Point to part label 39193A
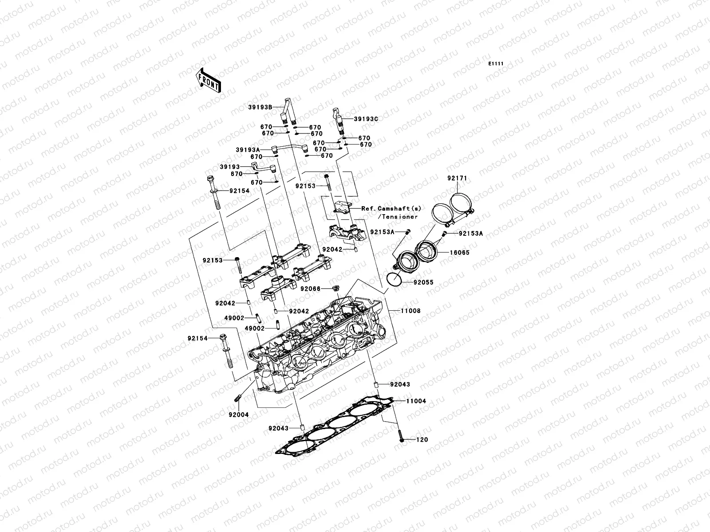248,150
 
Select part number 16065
459,253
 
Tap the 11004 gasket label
415,401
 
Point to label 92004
239,415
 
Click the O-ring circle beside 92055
393,279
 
